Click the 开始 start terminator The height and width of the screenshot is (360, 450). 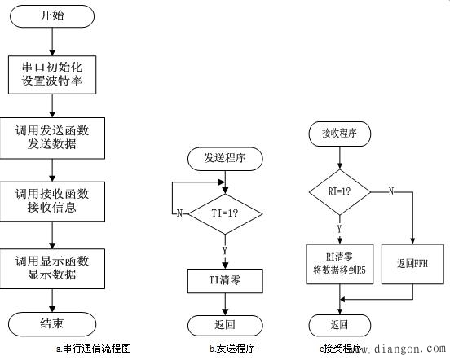(x=52, y=16)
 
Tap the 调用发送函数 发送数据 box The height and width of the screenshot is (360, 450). (x=52, y=138)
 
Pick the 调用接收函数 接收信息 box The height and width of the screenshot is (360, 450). (x=52, y=201)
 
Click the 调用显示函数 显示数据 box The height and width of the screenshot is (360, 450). (x=52, y=268)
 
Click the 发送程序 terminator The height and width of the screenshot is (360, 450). (x=223, y=158)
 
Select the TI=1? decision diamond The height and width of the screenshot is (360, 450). (x=223, y=213)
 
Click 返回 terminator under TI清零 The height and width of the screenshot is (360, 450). (x=223, y=325)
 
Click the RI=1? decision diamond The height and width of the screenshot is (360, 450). (x=337, y=192)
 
